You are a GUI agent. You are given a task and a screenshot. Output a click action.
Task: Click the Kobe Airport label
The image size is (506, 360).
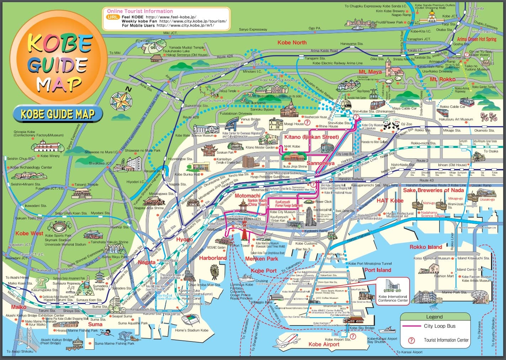tap(324, 344)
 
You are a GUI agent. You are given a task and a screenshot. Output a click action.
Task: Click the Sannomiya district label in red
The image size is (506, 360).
tap(320, 163)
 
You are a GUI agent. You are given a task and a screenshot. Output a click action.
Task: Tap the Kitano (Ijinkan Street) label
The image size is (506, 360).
tap(311, 137)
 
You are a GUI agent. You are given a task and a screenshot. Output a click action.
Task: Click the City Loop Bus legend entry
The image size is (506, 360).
tap(439, 326)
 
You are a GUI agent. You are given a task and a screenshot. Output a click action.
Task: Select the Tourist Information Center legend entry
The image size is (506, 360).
tap(446, 340)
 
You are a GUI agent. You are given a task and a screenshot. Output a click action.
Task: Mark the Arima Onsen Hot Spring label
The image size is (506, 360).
tap(476, 39)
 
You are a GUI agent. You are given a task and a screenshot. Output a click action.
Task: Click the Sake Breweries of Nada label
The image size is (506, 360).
tap(433, 190)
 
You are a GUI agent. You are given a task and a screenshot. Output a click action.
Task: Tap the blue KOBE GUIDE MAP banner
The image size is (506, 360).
tap(58, 114)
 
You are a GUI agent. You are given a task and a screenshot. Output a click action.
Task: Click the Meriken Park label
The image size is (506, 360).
tap(261, 259)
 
